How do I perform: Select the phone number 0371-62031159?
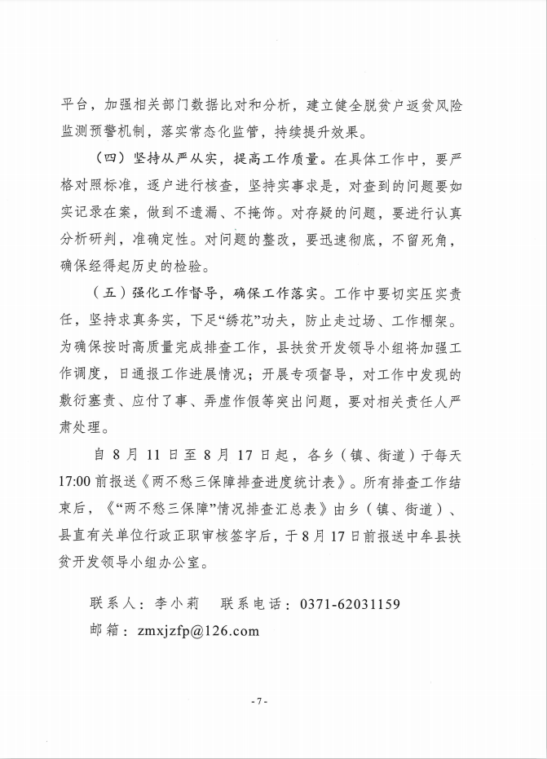click(351, 604)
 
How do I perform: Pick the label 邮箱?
click(106, 629)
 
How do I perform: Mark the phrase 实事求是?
click(288, 185)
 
